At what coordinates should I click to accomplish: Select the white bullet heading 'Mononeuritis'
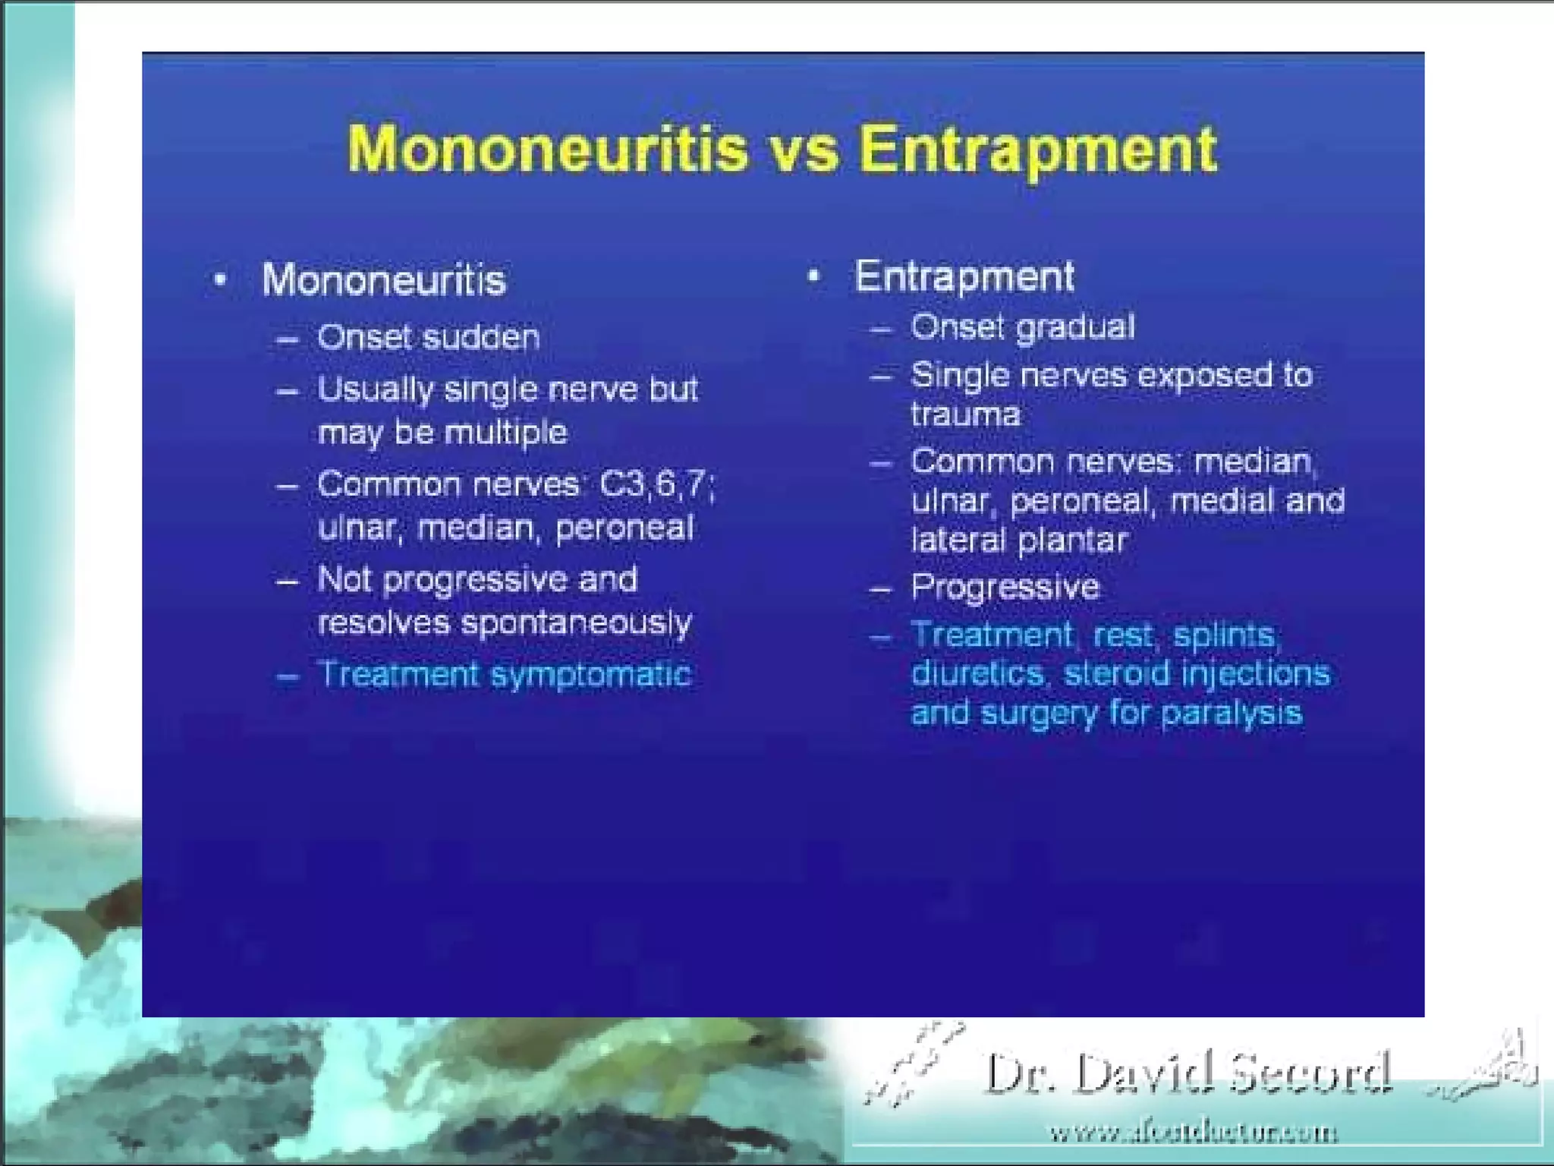(x=384, y=280)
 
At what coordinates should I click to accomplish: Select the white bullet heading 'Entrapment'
(x=964, y=276)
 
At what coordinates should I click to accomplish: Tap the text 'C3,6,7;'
(x=657, y=484)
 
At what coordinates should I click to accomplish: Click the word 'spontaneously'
(x=577, y=623)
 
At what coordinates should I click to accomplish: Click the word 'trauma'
(x=965, y=414)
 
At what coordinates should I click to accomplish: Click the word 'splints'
(x=1226, y=635)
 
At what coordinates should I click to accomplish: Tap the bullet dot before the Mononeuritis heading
(x=220, y=280)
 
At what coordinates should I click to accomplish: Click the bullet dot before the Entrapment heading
(x=813, y=276)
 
